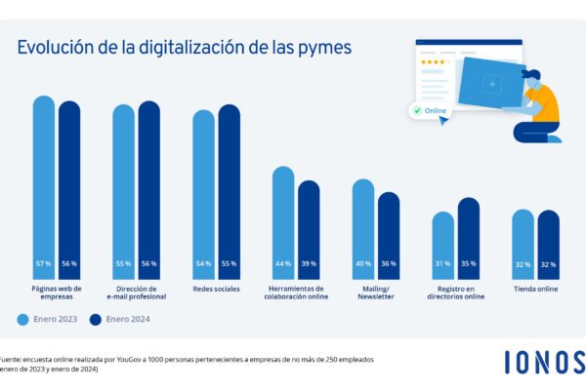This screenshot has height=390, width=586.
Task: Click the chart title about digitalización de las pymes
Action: click(185, 48)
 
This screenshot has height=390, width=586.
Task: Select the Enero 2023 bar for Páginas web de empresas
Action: click(44, 185)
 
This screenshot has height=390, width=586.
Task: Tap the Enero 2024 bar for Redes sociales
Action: click(230, 190)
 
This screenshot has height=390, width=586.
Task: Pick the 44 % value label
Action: click(283, 264)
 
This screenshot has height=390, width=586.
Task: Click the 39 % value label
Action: click(309, 264)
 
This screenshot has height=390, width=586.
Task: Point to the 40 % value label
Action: click(363, 264)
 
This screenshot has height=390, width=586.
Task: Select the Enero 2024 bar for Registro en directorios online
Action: click(469, 234)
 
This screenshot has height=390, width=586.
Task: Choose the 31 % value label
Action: click(443, 264)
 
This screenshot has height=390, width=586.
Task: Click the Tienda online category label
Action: click(536, 290)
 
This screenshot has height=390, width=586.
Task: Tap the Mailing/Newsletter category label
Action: click(376, 293)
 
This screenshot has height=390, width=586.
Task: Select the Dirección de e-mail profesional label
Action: click(136, 293)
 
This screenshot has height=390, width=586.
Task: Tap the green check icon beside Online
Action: click(418, 111)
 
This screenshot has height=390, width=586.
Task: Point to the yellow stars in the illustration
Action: click(431, 60)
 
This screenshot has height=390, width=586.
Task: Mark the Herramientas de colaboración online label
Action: click(296, 293)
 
